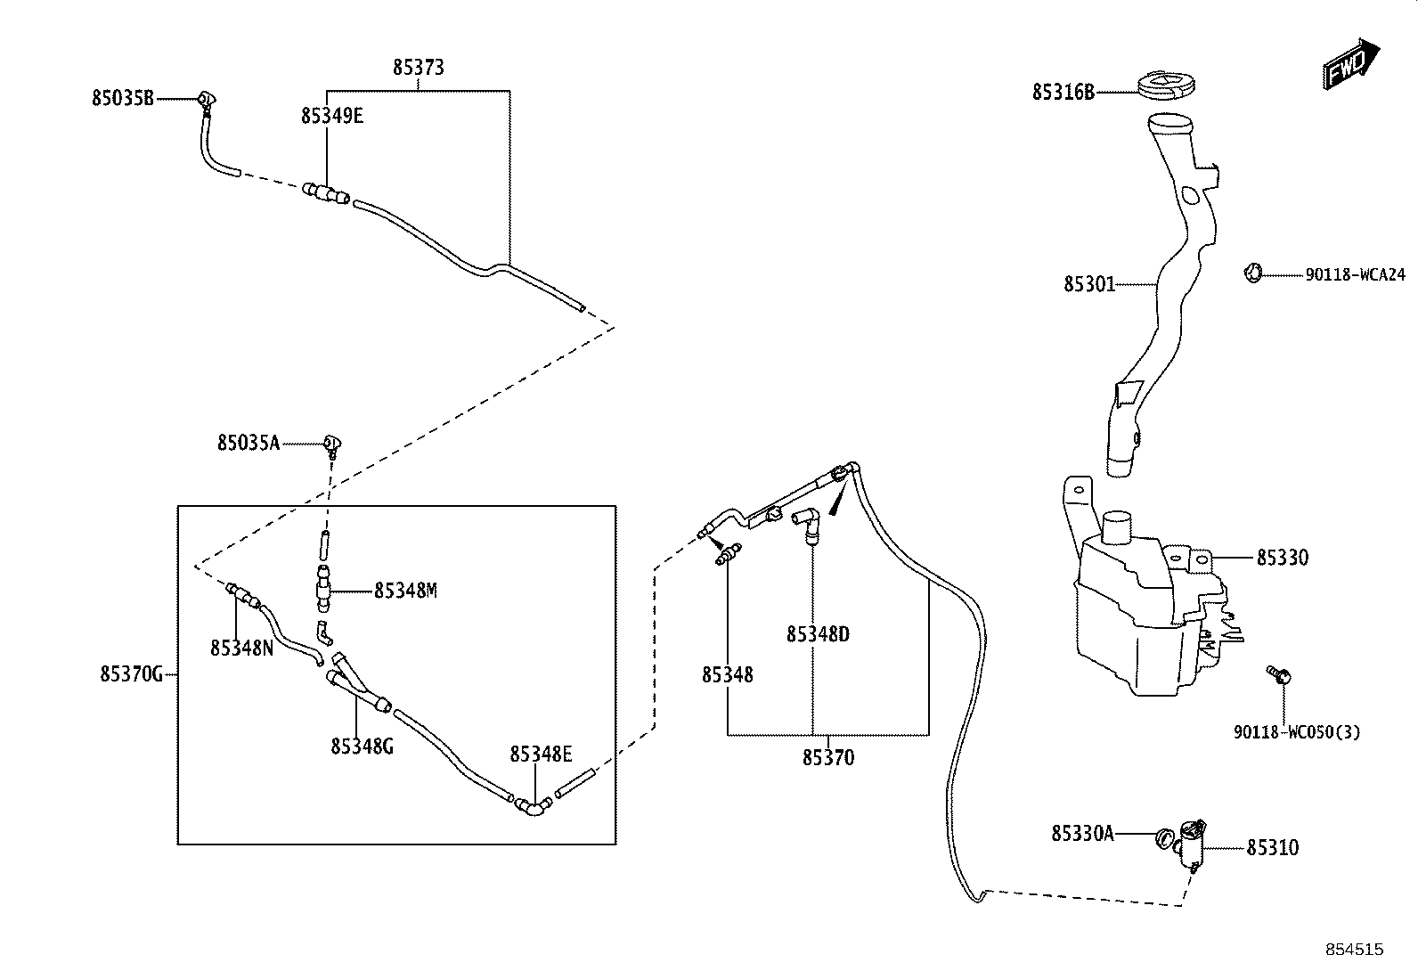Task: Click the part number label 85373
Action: [419, 67]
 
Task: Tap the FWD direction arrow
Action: [1350, 65]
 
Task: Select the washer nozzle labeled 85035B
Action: [207, 102]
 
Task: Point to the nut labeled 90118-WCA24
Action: [1253, 273]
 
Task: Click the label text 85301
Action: [1089, 284]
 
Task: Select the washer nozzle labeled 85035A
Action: [332, 445]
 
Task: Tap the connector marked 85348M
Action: [323, 589]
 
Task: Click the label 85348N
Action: [241, 648]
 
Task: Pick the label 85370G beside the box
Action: [132, 674]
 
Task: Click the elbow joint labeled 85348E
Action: [533, 806]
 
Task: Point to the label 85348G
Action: [363, 746]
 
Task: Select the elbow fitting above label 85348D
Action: [807, 523]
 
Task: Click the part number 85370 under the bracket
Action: [828, 757]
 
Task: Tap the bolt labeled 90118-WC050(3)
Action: [1279, 674]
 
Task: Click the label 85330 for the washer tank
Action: [1283, 558]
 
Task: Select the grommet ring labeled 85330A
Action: [1163, 838]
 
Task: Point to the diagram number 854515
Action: [1355, 950]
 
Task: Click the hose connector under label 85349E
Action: [326, 193]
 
